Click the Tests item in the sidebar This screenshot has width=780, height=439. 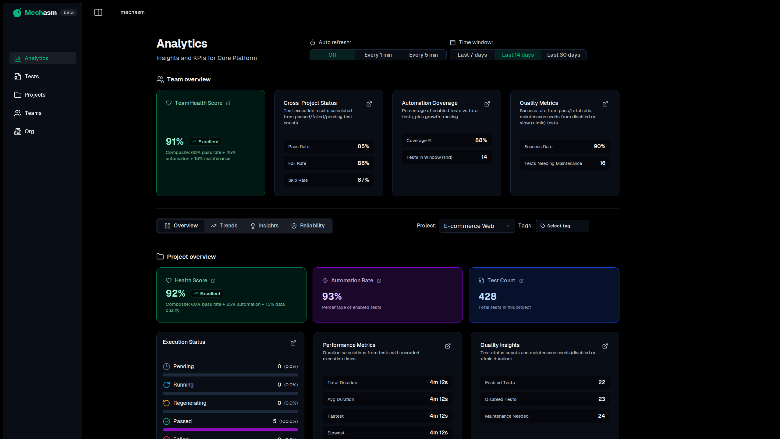[x=32, y=77]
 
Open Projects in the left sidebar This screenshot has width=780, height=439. [x=35, y=95]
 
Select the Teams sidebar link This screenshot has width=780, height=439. [x=33, y=113]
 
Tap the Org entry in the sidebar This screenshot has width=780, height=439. [x=29, y=131]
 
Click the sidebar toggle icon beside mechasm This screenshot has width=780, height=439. [x=98, y=12]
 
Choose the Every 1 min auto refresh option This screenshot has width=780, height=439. [x=378, y=55]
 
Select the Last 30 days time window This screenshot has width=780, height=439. [x=563, y=55]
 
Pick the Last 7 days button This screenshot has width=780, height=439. [x=472, y=55]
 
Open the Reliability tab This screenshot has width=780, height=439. [x=308, y=226]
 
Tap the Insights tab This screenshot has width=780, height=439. [x=264, y=226]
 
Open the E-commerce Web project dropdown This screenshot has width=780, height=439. [x=477, y=226]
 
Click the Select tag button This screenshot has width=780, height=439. [x=562, y=226]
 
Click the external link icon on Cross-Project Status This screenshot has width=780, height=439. [x=369, y=104]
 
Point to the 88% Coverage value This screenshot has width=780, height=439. [x=481, y=140]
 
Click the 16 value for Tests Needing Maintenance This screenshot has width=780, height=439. [x=602, y=163]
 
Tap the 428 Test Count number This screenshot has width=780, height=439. [x=487, y=296]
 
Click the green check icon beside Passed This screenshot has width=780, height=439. [x=166, y=421]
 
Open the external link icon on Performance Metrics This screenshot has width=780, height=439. [x=448, y=346]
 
